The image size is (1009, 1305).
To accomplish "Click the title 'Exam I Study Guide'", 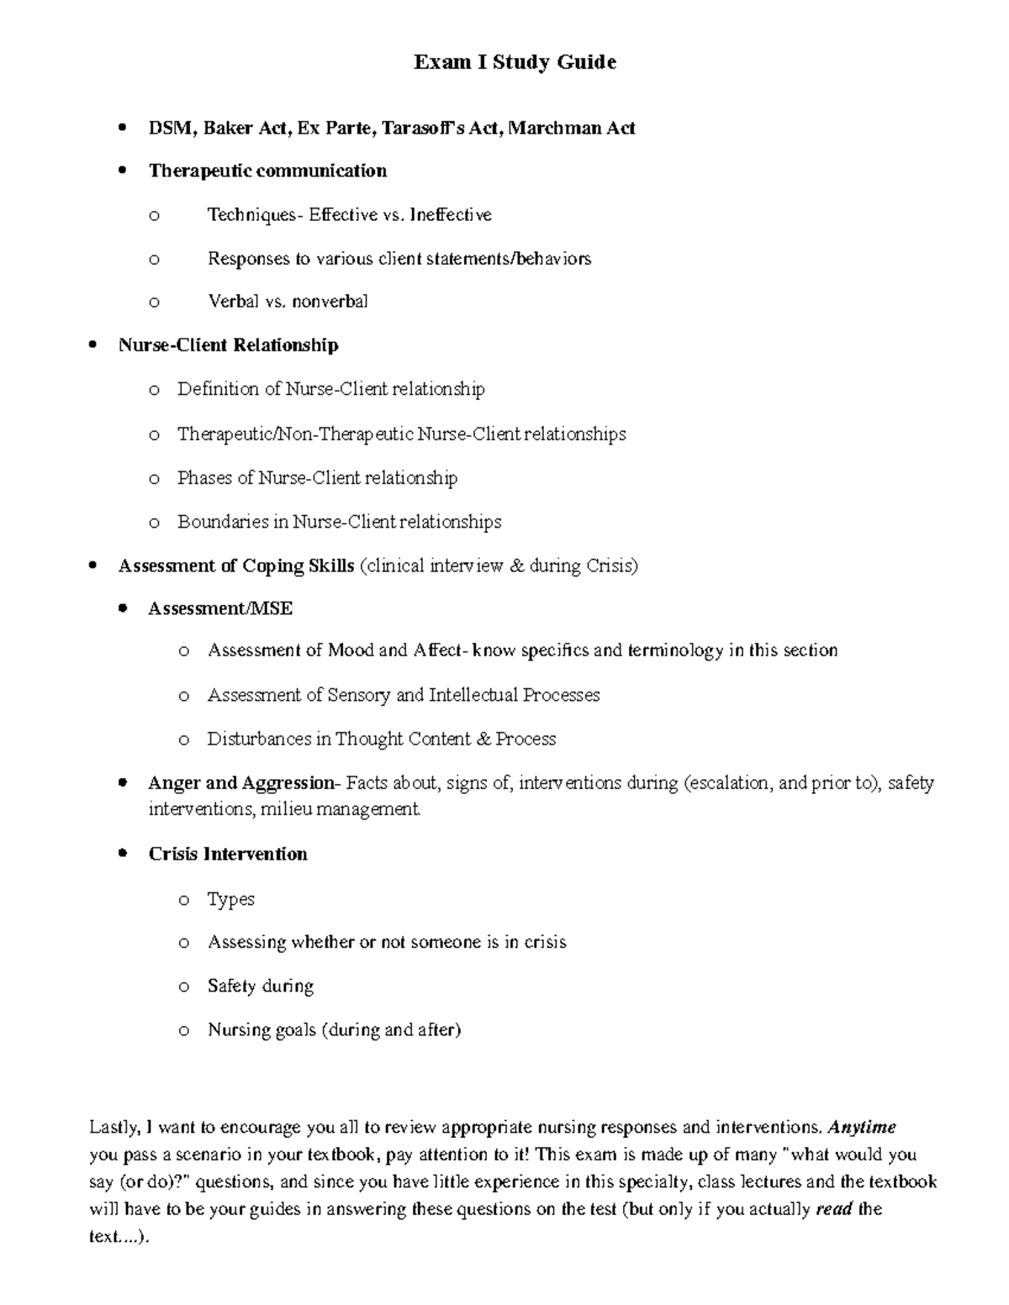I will pos(515,62).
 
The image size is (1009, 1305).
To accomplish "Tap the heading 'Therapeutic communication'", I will pos(267,171).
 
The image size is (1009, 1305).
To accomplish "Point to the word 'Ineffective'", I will pos(452,215).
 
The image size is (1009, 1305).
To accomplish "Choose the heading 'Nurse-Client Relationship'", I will pos(229,345).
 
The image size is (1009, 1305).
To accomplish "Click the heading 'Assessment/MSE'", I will pos(220,608).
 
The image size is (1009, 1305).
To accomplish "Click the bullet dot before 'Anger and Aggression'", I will pos(123,782).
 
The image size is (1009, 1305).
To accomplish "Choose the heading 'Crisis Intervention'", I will pos(228,855).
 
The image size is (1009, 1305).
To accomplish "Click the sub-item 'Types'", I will pos(230,899).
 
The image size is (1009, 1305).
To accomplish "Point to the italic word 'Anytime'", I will pos(862,1127).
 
